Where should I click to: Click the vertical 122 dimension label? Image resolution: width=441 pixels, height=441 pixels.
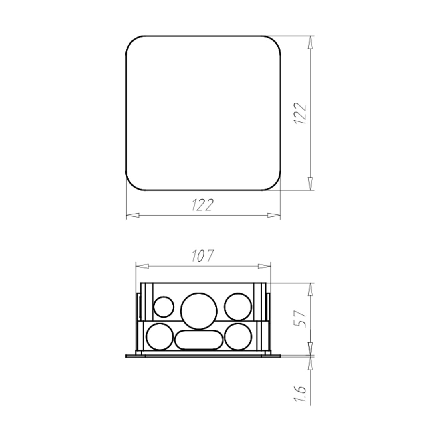click(300, 113)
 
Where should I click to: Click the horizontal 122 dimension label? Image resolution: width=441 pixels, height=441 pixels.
click(202, 205)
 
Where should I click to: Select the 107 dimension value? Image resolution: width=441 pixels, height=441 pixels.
click(202, 256)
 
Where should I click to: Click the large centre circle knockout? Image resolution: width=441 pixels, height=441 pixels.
click(199, 311)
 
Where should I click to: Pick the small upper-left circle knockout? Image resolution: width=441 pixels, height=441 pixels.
click(164, 307)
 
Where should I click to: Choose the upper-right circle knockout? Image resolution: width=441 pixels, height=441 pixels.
click(238, 307)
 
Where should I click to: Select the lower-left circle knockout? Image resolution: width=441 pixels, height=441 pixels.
click(160, 337)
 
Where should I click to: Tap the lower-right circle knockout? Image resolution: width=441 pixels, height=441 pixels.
click(238, 337)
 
